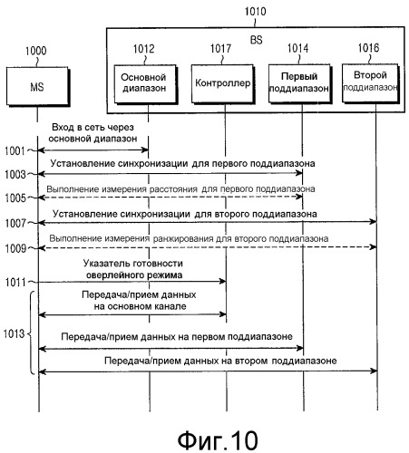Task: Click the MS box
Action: (x=38, y=87)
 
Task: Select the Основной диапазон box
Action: (x=144, y=84)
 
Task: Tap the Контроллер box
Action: (x=223, y=84)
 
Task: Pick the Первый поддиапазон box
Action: (x=299, y=83)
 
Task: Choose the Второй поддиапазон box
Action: (x=370, y=83)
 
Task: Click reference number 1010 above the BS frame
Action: (x=256, y=12)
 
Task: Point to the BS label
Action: (x=257, y=40)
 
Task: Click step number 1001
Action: (x=15, y=150)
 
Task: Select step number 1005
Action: (x=15, y=198)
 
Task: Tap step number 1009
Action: (x=15, y=248)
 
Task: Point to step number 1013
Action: (x=14, y=333)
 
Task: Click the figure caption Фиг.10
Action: (x=218, y=440)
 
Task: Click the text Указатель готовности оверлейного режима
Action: (x=133, y=269)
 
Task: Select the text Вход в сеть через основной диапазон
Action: (x=93, y=133)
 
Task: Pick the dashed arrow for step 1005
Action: (x=170, y=197)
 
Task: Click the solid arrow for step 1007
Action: (x=208, y=222)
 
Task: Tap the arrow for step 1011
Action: (x=132, y=282)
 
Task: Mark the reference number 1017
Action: (x=220, y=48)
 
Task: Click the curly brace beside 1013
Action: (x=31, y=333)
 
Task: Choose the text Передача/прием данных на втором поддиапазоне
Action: (x=220, y=361)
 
